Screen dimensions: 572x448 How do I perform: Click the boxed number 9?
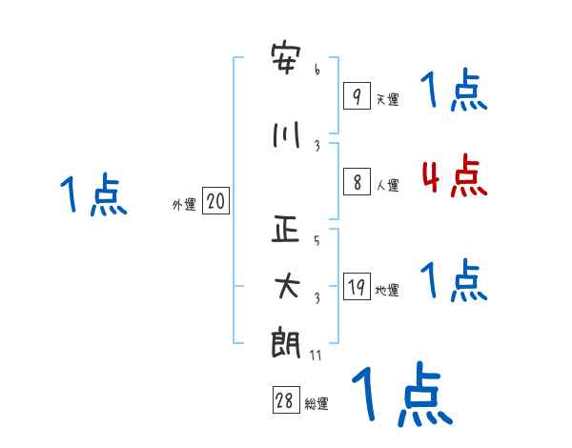[356, 95]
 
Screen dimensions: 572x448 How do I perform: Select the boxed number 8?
[356, 182]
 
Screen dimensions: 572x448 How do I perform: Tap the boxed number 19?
[356, 287]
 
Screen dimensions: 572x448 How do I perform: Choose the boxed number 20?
[215, 201]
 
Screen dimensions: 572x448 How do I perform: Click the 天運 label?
[387, 99]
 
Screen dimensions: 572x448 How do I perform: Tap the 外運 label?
[183, 204]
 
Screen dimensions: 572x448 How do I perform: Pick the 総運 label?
[317, 404]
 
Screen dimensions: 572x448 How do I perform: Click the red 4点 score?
[454, 176]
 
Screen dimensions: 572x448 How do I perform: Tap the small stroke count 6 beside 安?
[317, 69]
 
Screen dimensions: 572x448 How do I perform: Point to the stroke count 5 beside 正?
[317, 241]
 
